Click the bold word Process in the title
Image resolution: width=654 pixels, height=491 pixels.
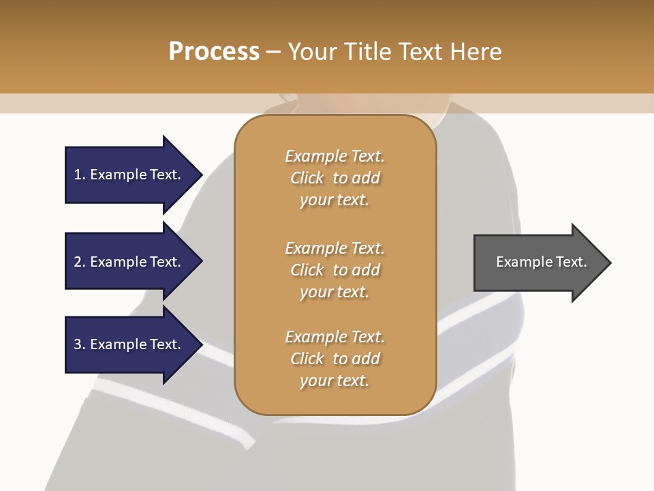(x=214, y=52)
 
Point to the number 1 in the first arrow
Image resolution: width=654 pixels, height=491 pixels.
(x=78, y=175)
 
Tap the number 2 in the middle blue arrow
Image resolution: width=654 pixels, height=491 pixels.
(x=78, y=262)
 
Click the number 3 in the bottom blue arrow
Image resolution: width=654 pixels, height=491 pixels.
(x=78, y=344)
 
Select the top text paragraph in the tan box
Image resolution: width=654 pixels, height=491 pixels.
(x=334, y=178)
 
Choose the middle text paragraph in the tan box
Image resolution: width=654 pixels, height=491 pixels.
(x=334, y=270)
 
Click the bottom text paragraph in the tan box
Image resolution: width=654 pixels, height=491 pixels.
(x=334, y=359)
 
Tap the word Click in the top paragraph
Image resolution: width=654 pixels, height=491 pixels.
(x=307, y=178)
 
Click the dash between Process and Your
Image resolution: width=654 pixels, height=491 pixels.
(x=274, y=52)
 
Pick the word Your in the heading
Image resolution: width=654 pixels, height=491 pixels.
(x=311, y=52)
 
